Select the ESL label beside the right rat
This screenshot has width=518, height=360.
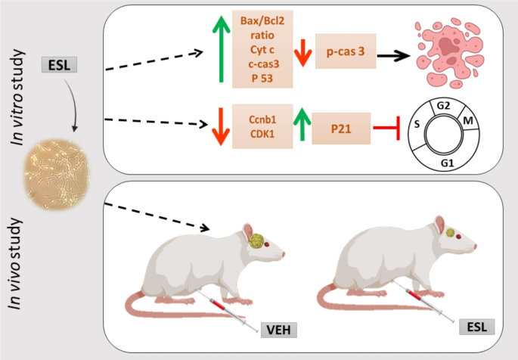coord(477,327)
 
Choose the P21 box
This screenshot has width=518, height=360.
coord(340,128)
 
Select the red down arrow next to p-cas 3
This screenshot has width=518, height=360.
coord(302,51)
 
